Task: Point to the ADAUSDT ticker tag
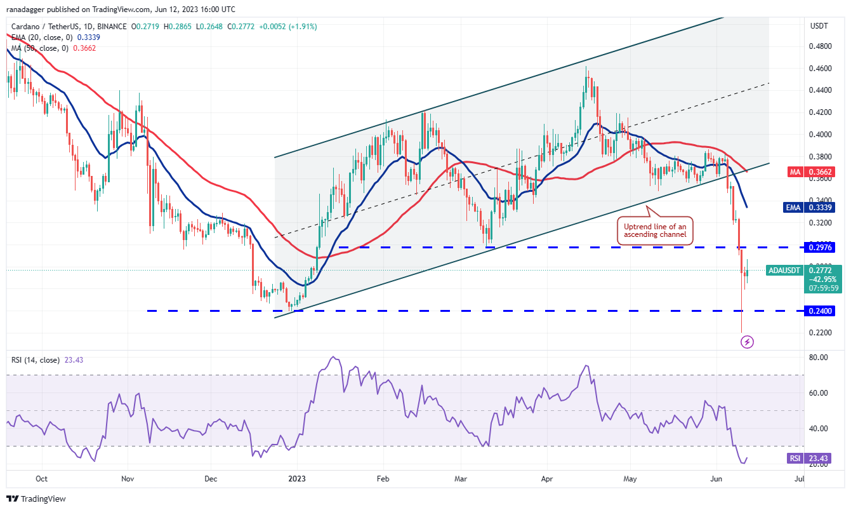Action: [x=784, y=271]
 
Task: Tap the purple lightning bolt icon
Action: [x=748, y=342]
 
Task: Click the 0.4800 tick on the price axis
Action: [x=821, y=46]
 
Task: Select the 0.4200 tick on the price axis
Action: [x=821, y=112]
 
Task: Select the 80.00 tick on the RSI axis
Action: [x=820, y=358]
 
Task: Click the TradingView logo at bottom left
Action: [x=37, y=499]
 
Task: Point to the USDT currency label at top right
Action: [x=819, y=26]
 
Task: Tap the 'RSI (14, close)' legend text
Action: [x=36, y=360]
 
